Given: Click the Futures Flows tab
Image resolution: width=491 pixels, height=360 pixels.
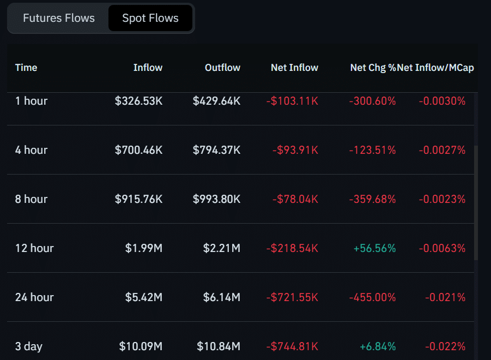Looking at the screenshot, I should [x=59, y=18].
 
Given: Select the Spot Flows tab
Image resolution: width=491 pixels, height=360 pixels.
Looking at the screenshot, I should [x=150, y=18].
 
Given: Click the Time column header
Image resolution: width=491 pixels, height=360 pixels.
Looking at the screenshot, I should [x=26, y=68].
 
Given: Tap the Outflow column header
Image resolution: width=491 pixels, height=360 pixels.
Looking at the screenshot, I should [x=222, y=68].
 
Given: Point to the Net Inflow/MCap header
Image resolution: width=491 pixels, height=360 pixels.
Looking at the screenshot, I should [x=436, y=68].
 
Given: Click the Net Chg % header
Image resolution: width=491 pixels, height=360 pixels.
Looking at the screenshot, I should [x=372, y=68].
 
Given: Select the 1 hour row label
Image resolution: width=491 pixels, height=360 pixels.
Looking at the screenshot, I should [x=31, y=101].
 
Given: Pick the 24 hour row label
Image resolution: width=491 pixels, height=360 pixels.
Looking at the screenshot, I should [x=34, y=297].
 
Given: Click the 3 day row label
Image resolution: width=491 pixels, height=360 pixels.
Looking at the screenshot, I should [x=29, y=346].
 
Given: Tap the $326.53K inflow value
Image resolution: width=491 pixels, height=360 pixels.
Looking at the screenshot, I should [x=138, y=101].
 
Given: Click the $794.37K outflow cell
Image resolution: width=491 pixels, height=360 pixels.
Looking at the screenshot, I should [x=216, y=150].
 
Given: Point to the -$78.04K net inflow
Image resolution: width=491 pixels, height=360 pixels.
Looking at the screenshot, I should [x=295, y=199].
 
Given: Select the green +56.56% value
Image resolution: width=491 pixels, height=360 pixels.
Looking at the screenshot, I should [x=375, y=248].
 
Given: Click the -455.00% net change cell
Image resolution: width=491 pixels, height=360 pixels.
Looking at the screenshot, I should [x=373, y=297].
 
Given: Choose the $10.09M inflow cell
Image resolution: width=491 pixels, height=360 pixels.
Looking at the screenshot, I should [x=141, y=346].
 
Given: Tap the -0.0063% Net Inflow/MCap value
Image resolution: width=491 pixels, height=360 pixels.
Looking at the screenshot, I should [x=442, y=248].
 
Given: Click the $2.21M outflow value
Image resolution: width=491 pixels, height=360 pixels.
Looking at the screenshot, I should [x=221, y=248].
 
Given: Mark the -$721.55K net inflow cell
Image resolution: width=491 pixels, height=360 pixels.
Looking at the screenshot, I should [x=292, y=297].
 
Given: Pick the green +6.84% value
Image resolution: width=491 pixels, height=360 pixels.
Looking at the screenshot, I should [x=378, y=346].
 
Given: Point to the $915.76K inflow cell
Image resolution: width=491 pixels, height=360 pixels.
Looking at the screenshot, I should [x=138, y=199].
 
